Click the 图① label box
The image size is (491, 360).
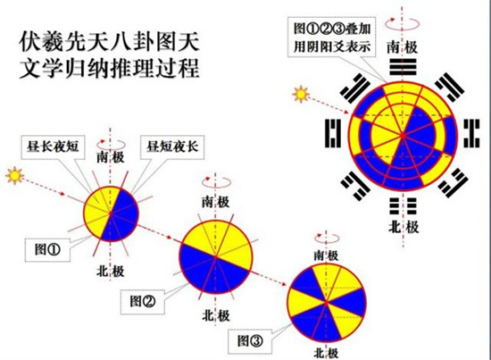47,250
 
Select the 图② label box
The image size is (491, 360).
143,302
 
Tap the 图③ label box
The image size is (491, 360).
250,341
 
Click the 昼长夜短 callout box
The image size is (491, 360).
53,147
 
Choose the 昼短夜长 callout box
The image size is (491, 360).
172,147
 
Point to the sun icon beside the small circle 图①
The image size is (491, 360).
14,175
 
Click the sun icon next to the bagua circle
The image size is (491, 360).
301,94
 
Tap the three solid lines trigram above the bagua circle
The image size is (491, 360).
403,67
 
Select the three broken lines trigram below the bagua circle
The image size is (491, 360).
403,205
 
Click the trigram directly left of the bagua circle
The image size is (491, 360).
334,133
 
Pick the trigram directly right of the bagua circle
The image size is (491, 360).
471,133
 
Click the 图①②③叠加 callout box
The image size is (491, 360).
332,38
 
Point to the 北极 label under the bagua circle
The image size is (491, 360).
404,227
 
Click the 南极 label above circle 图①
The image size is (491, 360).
110,157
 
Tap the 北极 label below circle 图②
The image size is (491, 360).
216,316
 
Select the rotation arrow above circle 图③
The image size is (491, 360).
327,238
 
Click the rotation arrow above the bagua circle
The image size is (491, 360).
403,23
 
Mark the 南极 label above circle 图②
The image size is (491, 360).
216,202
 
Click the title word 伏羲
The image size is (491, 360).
41,43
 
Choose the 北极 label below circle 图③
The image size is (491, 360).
326,354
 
